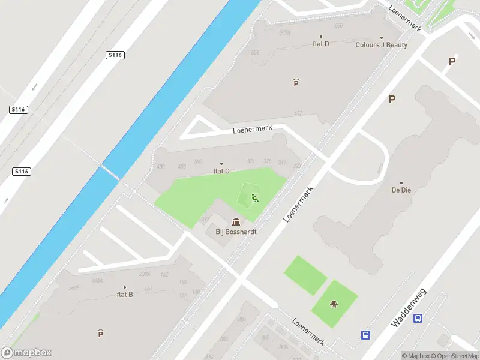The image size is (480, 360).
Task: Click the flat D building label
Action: point(321,43)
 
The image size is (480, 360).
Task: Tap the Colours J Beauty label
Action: point(381,45)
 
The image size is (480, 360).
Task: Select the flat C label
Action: point(221,171)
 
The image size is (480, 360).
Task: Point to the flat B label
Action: point(125,294)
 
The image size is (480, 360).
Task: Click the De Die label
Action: point(401,190)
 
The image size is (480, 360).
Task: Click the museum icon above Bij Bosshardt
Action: point(236,221)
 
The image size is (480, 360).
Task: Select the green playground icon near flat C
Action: point(255,199)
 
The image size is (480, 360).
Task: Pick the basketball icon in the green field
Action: point(332,304)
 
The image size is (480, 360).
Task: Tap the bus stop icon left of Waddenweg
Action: point(365,334)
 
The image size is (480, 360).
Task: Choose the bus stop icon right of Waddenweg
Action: point(418,319)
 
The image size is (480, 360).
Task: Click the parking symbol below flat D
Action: point(296,83)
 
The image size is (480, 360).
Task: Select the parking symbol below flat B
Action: point(100,334)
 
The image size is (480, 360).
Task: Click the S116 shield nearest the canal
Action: point(116,55)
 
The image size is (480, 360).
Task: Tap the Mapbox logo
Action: point(27,353)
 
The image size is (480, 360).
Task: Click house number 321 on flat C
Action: point(251,161)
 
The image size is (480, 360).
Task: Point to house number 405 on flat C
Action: point(160,166)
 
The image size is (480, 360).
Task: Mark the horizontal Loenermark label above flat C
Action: point(253,129)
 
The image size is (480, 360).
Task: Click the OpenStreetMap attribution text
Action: point(454,356)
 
